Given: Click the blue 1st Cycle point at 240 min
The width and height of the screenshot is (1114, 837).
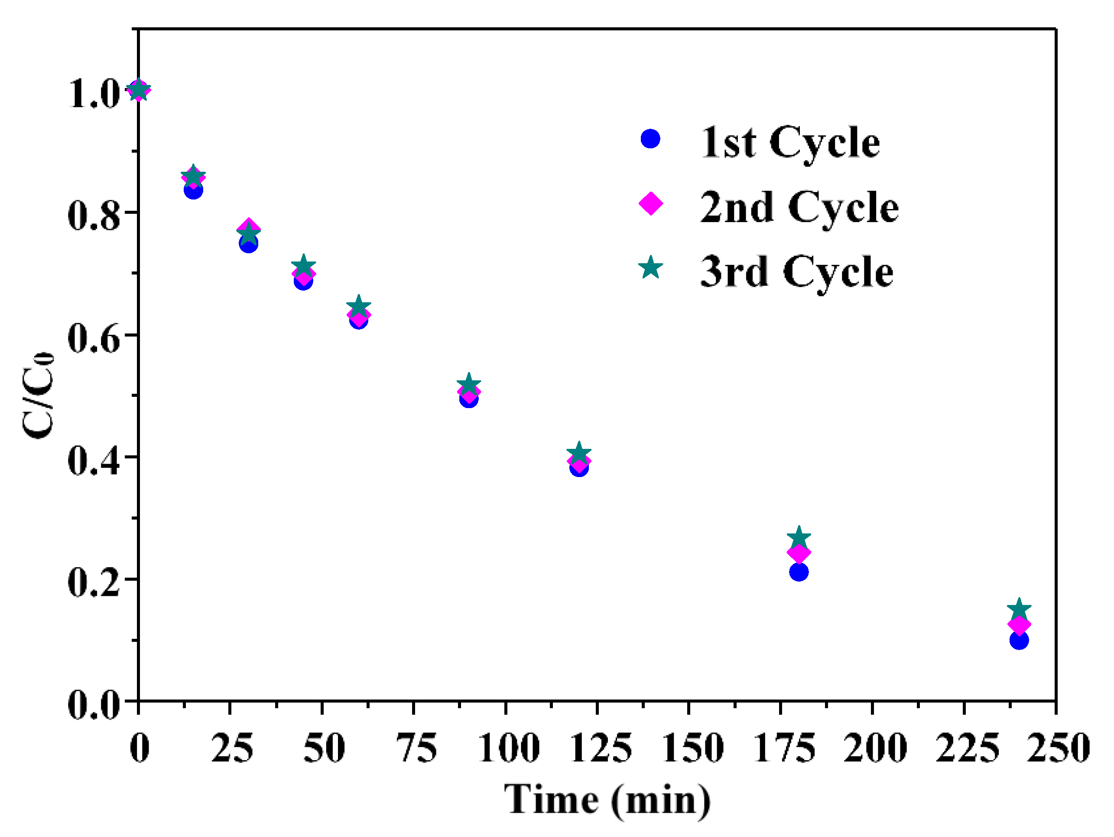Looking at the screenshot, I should [x=1019, y=641].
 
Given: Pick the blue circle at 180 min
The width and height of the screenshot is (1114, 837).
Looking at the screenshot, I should [x=799, y=572].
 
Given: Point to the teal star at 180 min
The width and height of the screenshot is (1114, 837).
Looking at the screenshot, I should [x=799, y=538].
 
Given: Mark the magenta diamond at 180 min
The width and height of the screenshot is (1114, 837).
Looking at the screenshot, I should [x=799, y=553].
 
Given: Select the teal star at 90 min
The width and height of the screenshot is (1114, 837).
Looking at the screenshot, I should [x=469, y=384].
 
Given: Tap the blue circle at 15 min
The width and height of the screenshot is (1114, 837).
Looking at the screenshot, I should [x=193, y=190].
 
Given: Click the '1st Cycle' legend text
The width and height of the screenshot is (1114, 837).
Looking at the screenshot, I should [x=789, y=143].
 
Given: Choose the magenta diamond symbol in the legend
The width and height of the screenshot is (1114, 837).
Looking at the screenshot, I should [x=651, y=203].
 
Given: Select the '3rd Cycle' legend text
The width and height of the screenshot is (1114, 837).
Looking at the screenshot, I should [x=797, y=272].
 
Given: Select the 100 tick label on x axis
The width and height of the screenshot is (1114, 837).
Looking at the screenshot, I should [x=508, y=748].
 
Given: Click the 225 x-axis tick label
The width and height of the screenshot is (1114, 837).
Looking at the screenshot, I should [x=967, y=748].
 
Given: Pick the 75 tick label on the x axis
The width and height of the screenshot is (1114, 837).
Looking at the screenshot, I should [x=416, y=748].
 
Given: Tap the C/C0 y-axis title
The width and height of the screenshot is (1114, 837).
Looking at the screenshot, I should [x=38, y=395].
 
